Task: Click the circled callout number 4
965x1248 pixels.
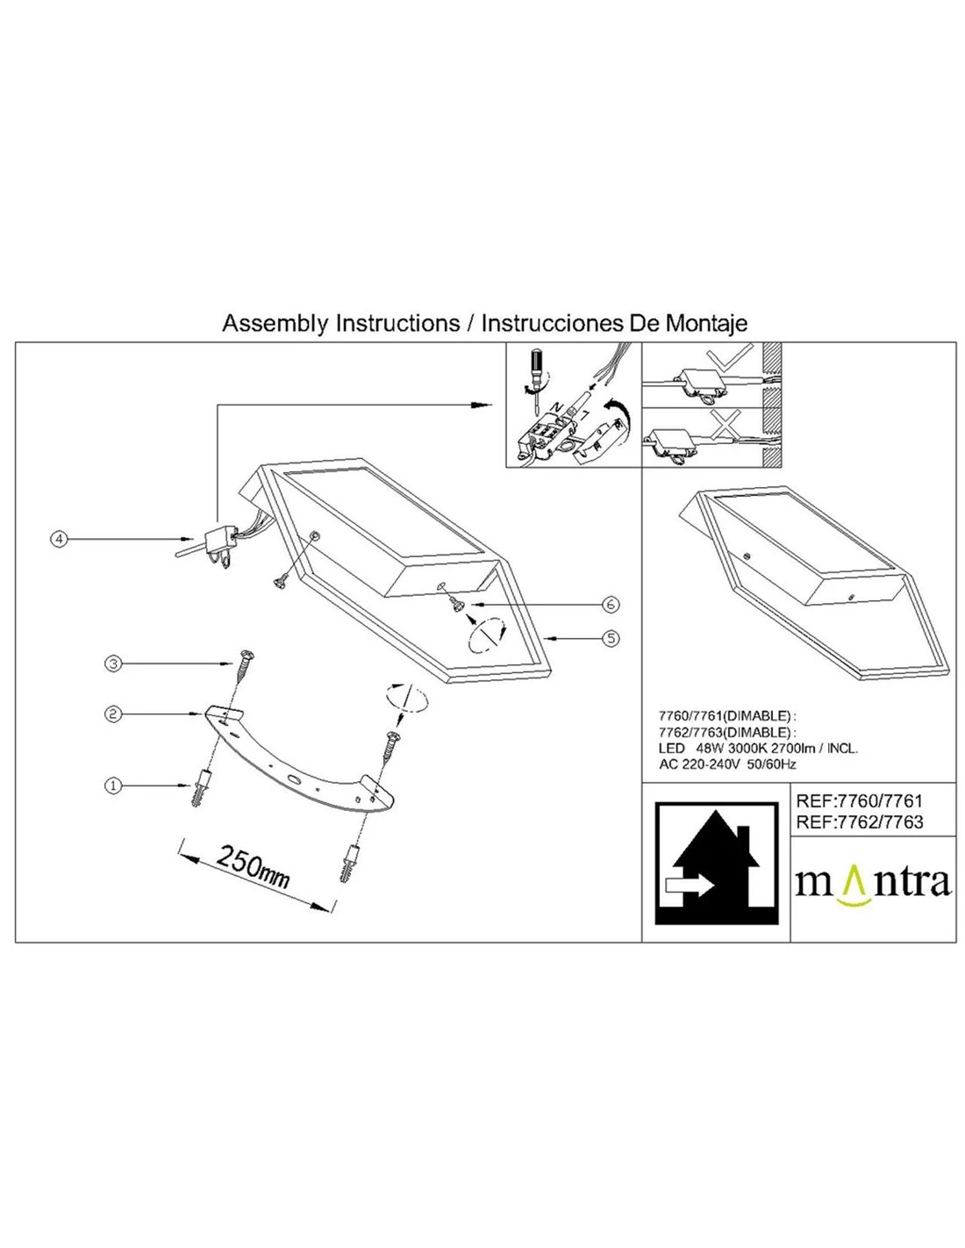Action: point(58,540)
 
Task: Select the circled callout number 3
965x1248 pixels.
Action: point(111,664)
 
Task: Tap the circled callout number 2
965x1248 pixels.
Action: point(111,715)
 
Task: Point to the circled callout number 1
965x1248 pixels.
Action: point(111,786)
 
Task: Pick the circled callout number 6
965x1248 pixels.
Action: point(611,604)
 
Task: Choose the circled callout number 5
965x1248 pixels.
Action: point(611,639)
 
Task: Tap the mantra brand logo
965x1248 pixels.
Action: point(872,881)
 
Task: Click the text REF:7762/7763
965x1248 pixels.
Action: point(858,822)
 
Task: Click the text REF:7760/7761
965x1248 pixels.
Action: point(858,800)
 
